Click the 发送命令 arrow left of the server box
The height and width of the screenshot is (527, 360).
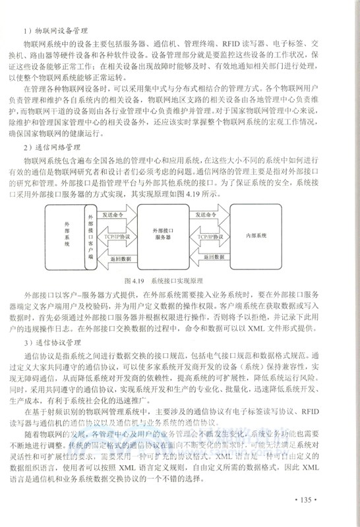coord(119,215)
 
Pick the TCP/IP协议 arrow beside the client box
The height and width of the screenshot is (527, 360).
coord(119,235)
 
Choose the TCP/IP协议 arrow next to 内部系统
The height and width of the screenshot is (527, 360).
coord(209,235)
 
